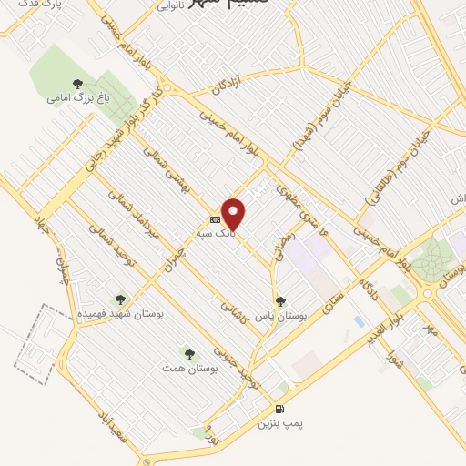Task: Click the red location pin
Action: point(234,213)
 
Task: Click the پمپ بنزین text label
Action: point(279,423)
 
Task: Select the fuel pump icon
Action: point(279,407)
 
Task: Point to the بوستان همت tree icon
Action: point(189,353)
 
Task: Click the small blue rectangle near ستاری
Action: point(360,321)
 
